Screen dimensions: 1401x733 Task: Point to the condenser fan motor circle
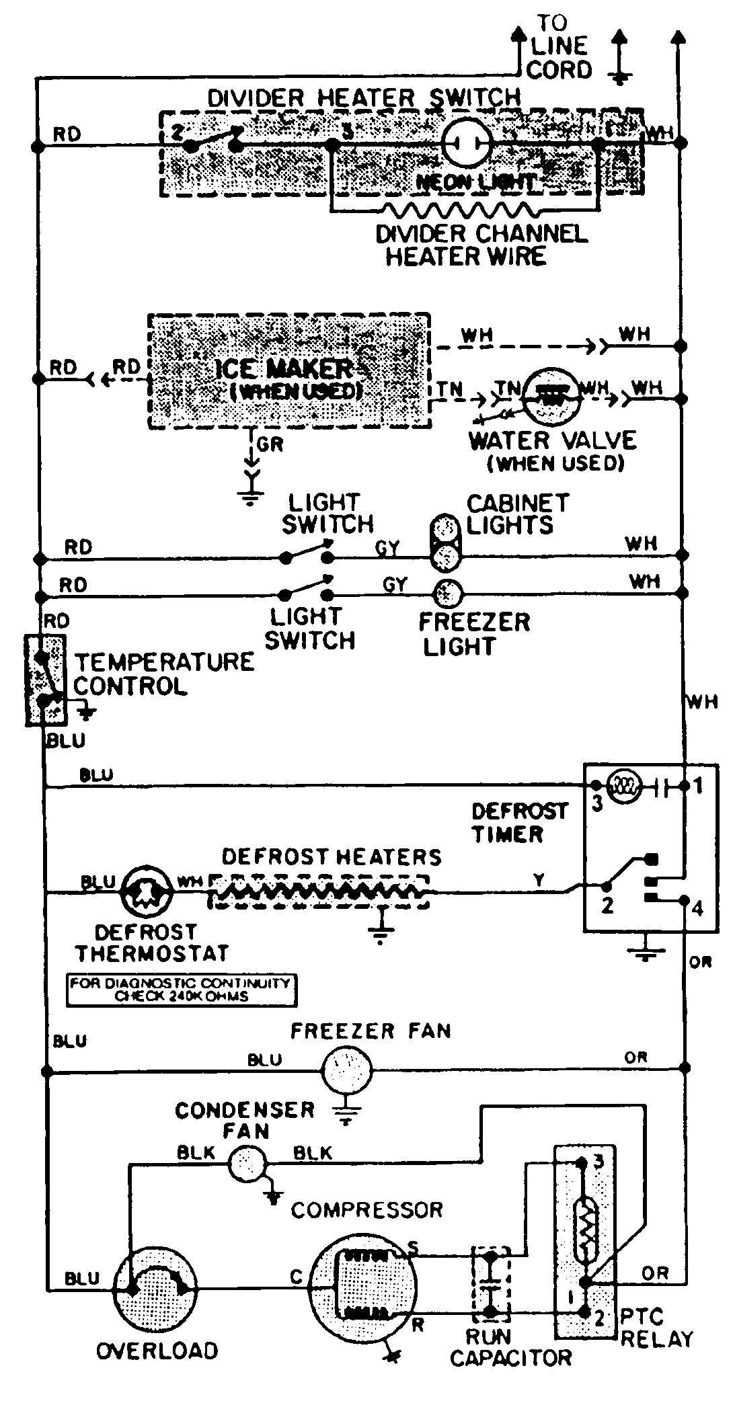click(247, 1164)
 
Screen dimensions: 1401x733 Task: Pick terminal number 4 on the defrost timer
click(697, 908)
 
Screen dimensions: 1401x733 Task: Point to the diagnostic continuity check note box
click(182, 990)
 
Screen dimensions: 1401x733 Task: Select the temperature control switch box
click(46, 680)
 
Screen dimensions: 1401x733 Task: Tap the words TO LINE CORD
click(559, 46)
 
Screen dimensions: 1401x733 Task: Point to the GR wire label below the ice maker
click(268, 444)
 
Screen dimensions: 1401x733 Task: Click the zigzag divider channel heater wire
click(464, 209)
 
